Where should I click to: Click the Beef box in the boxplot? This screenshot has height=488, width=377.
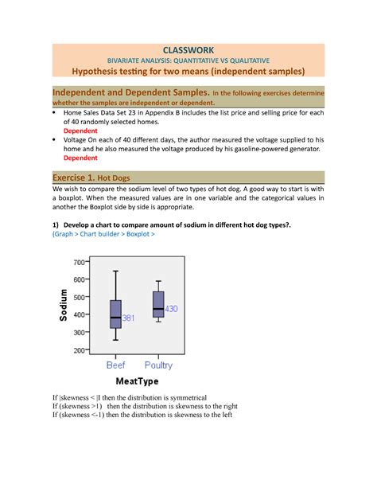pyautogui.click(x=115, y=314)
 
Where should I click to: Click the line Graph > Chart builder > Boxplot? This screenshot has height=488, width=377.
pyautogui.click(x=103, y=235)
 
